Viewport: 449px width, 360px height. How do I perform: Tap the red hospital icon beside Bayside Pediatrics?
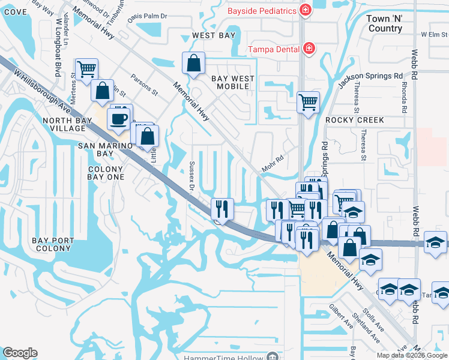tap(306, 11)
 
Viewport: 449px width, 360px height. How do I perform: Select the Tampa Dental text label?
tap(275, 49)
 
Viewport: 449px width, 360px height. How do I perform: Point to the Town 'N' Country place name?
tap(385, 24)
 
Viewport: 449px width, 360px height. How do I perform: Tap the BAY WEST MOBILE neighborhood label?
tap(232, 83)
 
